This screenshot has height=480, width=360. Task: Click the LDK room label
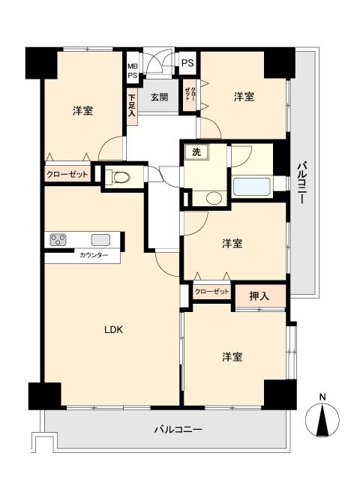(113, 330)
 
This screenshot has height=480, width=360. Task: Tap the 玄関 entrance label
(158, 97)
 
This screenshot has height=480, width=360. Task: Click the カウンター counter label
(94, 256)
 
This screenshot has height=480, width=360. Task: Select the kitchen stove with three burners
(58, 240)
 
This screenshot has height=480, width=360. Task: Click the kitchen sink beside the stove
(100, 240)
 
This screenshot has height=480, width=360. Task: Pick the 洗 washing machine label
(196, 153)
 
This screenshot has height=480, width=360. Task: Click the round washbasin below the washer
(214, 199)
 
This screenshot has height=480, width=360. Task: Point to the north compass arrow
(323, 421)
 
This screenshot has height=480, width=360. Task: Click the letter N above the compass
(323, 397)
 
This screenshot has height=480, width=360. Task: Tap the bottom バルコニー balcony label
(178, 430)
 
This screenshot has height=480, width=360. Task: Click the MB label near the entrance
(132, 66)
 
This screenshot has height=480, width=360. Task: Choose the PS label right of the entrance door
(187, 63)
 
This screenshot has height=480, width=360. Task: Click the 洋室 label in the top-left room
(82, 111)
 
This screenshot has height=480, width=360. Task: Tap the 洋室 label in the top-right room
(243, 97)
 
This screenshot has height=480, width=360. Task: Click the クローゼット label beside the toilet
(67, 175)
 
